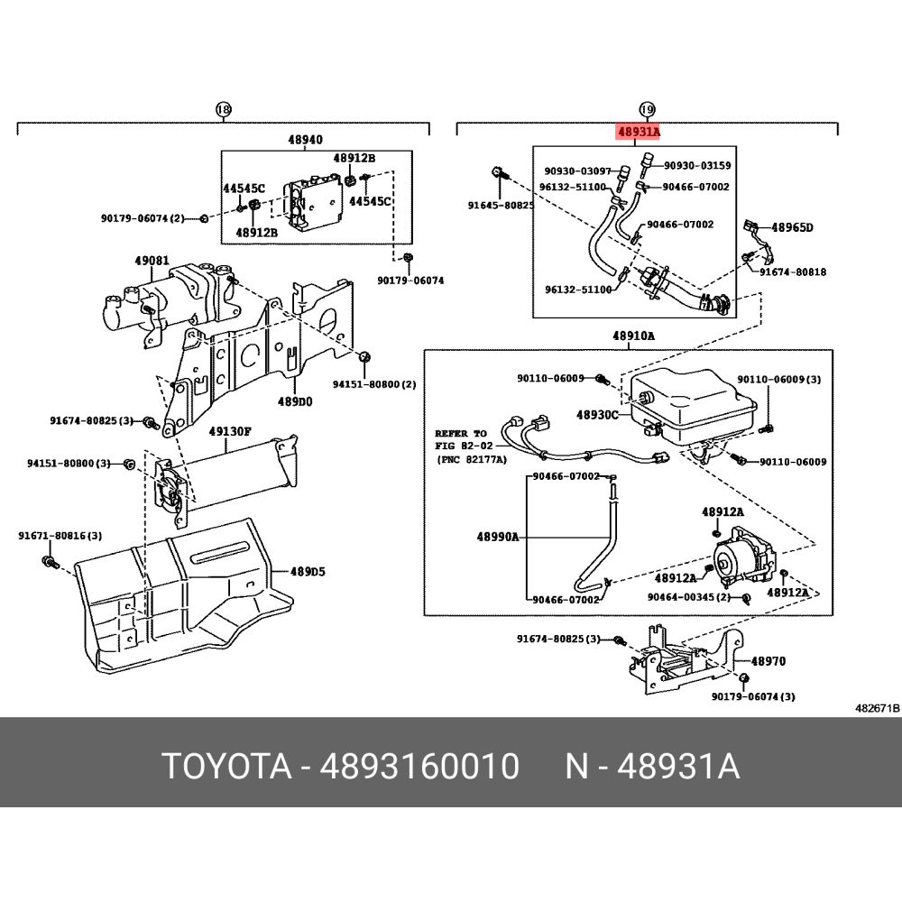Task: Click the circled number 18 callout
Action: pos(223,109)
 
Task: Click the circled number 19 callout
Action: pos(647,109)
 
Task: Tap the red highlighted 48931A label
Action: pos(639,133)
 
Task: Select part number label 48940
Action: pos(306,140)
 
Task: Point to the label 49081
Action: pos(152,261)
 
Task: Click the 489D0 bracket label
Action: pos(295,401)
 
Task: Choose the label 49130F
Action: pos(229,431)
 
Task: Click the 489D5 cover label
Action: pos(308,572)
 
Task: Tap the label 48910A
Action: pos(633,336)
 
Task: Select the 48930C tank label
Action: pos(597,414)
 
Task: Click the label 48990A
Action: pos(498,538)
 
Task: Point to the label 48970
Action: pos(768,661)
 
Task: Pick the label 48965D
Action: pos(792,227)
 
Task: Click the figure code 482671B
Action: pos(877,708)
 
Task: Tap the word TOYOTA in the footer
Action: pos(228,766)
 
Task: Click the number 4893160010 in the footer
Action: pos(419,766)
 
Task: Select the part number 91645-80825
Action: pos(501,205)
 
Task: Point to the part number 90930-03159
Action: pos(697,166)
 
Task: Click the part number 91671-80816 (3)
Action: pos(60,536)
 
